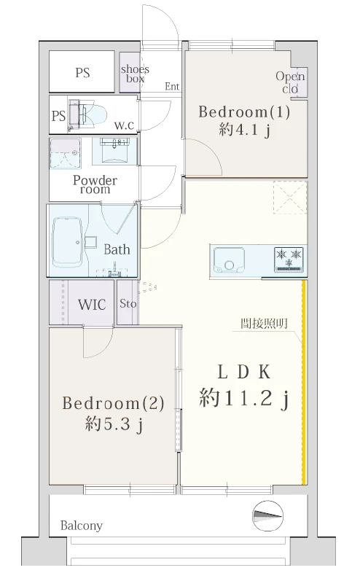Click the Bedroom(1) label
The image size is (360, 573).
pyautogui.click(x=244, y=112)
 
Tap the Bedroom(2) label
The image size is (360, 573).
pyautogui.click(x=113, y=403)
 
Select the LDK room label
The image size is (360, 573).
pyautogui.click(x=244, y=373)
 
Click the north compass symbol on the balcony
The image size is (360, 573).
pyautogui.click(x=268, y=515)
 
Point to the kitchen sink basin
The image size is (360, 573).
pyautogui.click(x=229, y=260)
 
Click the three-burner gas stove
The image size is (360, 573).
pyautogui.click(x=289, y=260)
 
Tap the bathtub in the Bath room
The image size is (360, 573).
pyautogui.click(x=68, y=242)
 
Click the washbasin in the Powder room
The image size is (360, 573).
pyautogui.click(x=114, y=150)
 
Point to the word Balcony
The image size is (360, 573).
pyautogui.click(x=81, y=526)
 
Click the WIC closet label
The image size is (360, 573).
pyautogui.click(x=92, y=305)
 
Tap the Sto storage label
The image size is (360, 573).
pyautogui.click(x=128, y=303)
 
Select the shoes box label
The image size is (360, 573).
pyautogui.click(x=135, y=74)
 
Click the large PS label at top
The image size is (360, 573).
pyautogui.click(x=82, y=72)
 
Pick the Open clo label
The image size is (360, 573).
pyautogui.click(x=290, y=82)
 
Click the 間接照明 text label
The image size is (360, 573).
pyautogui.click(x=264, y=324)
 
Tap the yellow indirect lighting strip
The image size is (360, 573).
pyautogui.click(x=304, y=382)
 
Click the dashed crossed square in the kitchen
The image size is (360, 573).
pyautogui.click(x=290, y=198)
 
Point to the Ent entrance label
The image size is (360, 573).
pyautogui.click(x=172, y=86)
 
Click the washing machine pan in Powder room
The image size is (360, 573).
pyautogui.click(x=65, y=154)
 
